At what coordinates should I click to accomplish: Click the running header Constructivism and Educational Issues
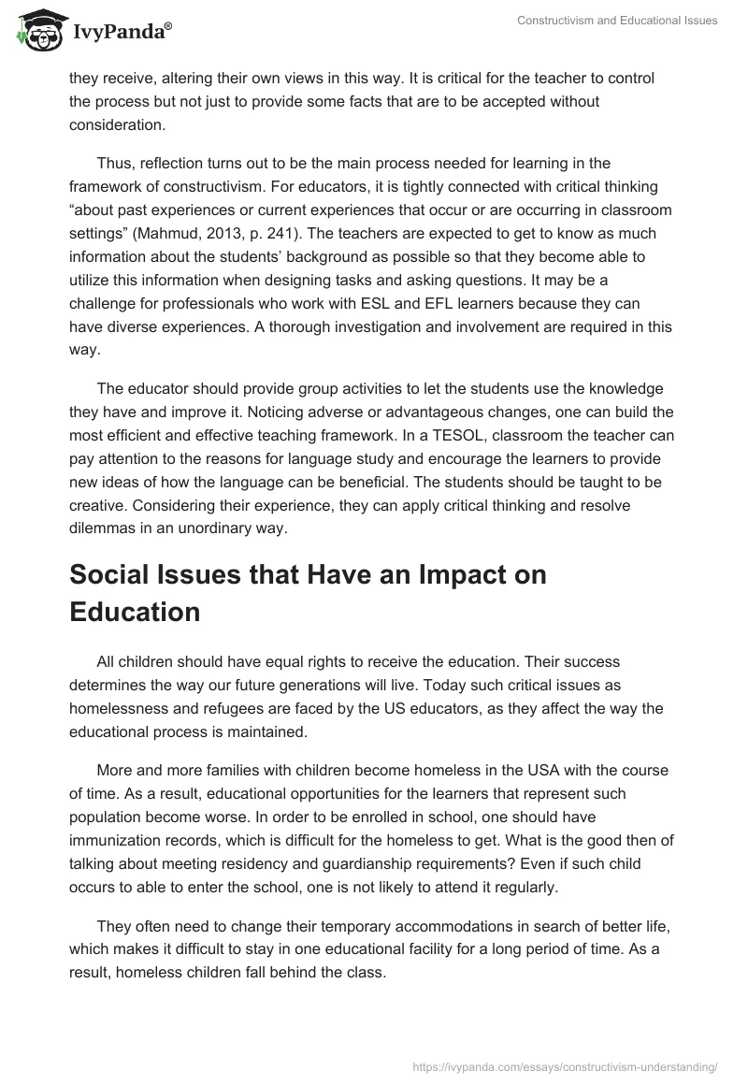[617, 21]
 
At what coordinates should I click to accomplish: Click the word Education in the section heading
[135, 612]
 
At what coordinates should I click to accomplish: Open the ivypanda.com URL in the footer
[565, 1065]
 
